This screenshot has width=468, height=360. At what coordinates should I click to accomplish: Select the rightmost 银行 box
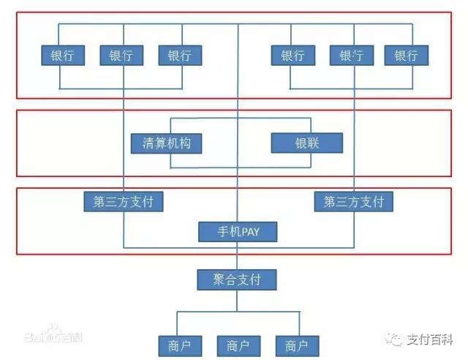tap(406, 56)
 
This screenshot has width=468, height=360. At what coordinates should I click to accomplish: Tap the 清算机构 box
tap(166, 143)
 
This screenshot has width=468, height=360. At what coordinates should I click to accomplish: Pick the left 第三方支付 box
tap(123, 201)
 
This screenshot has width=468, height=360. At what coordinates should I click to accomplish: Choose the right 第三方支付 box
tap(353, 201)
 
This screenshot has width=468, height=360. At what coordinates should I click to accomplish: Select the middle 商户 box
tap(238, 344)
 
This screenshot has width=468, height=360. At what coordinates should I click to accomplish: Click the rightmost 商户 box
tap(297, 344)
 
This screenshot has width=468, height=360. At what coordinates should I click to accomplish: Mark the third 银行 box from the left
tap(180, 56)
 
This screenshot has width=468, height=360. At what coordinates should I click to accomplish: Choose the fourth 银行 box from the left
tap(292, 56)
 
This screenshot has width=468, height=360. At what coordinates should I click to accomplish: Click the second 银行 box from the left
tap(124, 56)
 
